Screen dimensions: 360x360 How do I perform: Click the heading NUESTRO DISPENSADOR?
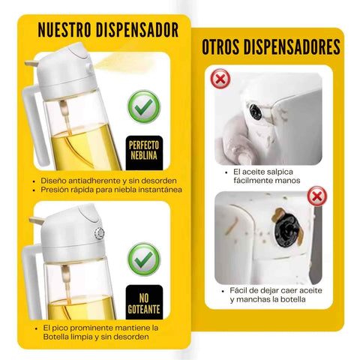(x=108, y=31)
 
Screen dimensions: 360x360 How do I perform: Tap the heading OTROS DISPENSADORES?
(x=271, y=47)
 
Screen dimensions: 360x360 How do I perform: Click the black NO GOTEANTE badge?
(x=144, y=298)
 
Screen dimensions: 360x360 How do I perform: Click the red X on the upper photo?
(x=219, y=78)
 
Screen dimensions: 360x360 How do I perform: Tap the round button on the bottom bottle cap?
(x=100, y=233)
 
